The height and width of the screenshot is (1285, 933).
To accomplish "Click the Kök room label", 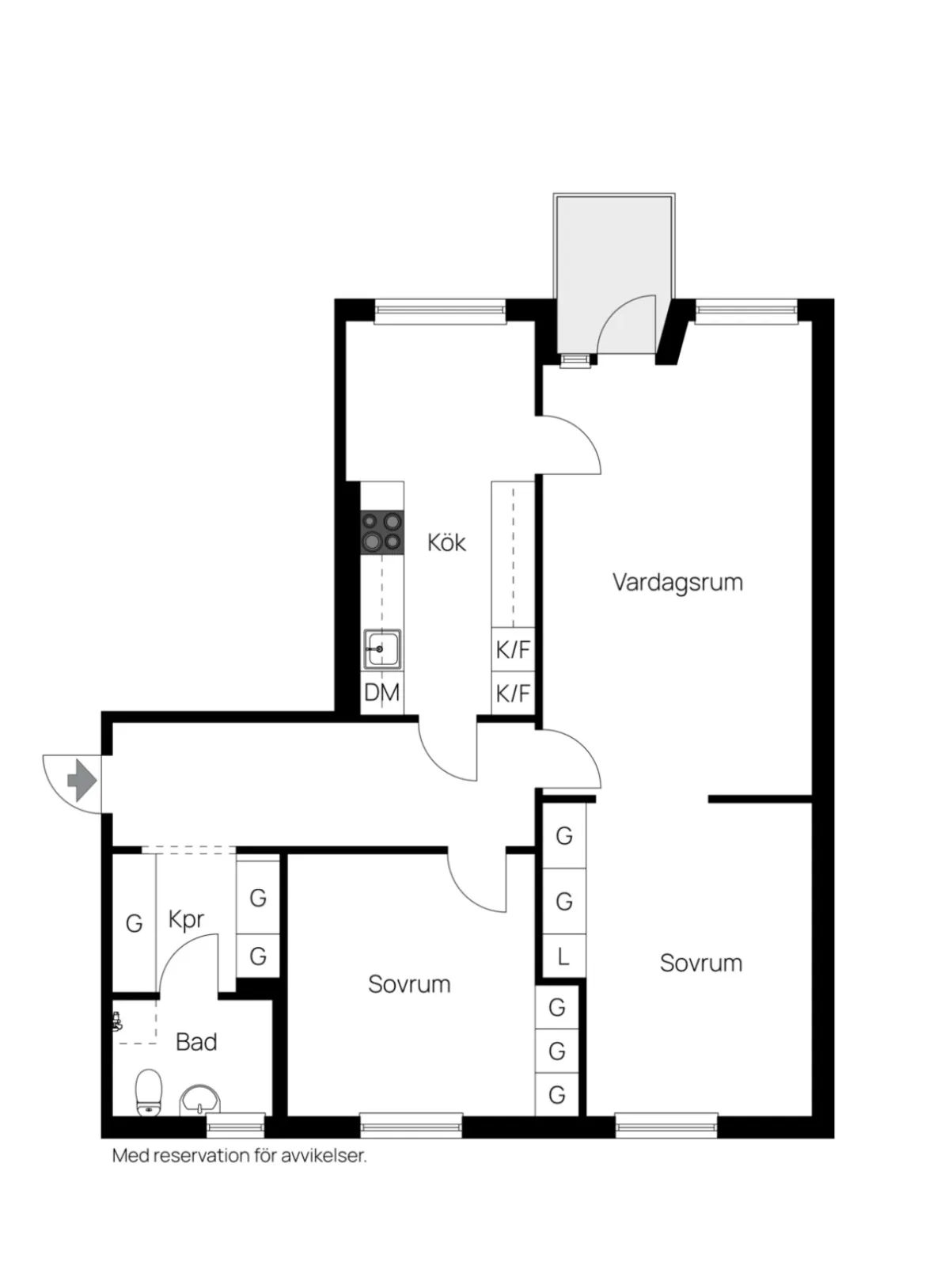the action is pos(446,542).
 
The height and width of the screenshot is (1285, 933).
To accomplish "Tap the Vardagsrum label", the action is pos(677,582).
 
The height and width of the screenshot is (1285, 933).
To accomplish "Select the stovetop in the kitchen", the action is pos(381,532).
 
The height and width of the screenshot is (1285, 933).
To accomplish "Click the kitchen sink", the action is pos(381,648).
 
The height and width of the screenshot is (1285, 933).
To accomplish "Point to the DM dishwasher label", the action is pos(381,693).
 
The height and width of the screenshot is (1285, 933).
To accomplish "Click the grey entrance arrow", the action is pos(82,780).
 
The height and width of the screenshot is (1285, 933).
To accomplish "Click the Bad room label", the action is pos(196,1042).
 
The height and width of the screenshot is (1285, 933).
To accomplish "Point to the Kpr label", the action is pos(186,919).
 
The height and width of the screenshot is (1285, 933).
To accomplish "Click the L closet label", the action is pos(563,956).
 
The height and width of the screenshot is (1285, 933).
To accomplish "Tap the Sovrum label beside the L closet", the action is pos(701,963).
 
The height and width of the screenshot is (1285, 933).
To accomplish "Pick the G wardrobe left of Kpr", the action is pos(134,924).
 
